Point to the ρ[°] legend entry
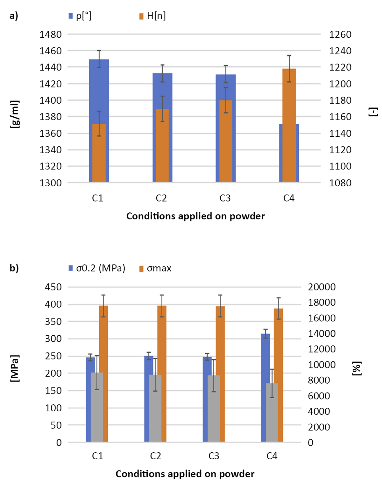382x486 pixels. [x=80, y=16]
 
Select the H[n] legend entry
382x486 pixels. [x=152, y=16]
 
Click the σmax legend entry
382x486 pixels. [x=155, y=268]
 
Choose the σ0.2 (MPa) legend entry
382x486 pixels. [x=97, y=268]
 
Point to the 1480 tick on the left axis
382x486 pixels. [x=50, y=34]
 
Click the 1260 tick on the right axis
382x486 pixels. [x=340, y=34]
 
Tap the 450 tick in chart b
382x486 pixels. [x=53, y=287]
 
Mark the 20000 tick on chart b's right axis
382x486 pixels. [x=322, y=287]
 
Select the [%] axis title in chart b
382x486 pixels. [x=357, y=368]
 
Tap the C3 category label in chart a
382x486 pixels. [x=225, y=198]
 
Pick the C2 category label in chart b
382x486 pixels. [x=156, y=456]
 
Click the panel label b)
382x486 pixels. [x=14, y=268]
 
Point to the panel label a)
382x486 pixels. [x=14, y=16]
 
